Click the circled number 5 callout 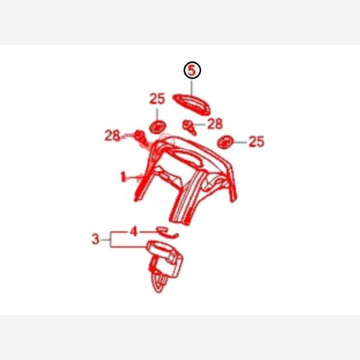[x=192, y=70]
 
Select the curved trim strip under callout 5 [x=191, y=104]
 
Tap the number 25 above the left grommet [x=157, y=99]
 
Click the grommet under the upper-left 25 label [x=157, y=127]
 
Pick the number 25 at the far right [x=256, y=142]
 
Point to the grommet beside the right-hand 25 [x=225, y=142]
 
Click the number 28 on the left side [x=112, y=136]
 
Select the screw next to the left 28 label [x=142, y=138]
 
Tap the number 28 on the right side [x=215, y=124]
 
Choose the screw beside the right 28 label [x=190, y=127]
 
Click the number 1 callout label [x=123, y=177]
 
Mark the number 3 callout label [x=95, y=239]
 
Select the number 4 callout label [x=134, y=231]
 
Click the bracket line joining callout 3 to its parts [x=110, y=239]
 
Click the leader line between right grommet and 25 [x=240, y=142]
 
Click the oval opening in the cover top [x=187, y=158]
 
